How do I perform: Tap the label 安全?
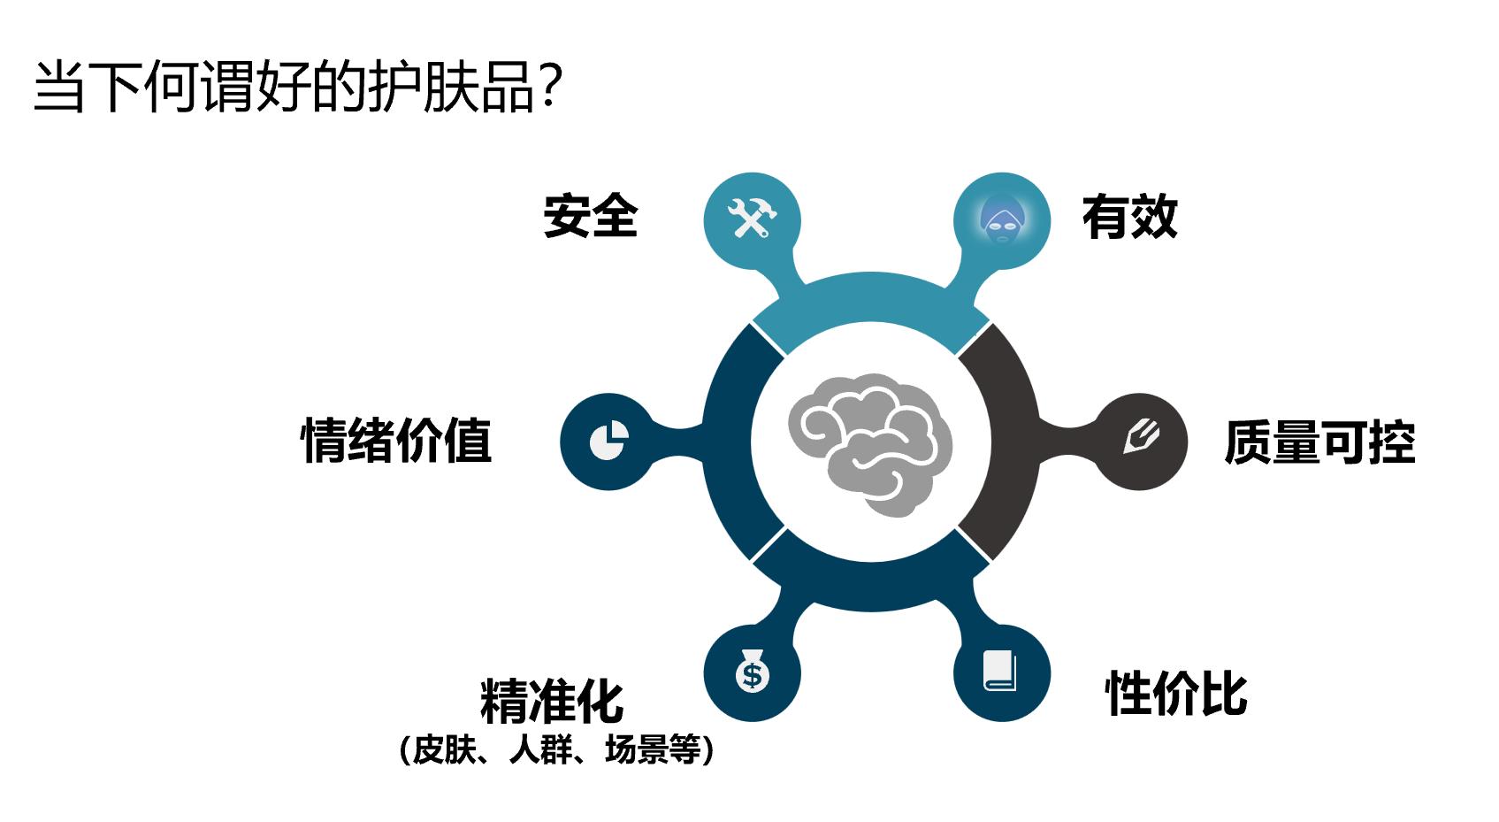(x=590, y=217)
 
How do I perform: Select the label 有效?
(x=1129, y=217)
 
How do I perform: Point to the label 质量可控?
(x=1319, y=442)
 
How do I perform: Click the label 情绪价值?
(x=396, y=440)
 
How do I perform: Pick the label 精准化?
(x=552, y=701)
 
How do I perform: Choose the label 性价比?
(x=1175, y=693)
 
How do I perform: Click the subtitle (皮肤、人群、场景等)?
(x=556, y=750)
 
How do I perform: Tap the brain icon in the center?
(x=870, y=442)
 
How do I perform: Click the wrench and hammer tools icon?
(x=752, y=219)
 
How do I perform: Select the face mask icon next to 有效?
(x=1002, y=219)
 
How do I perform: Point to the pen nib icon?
(x=1141, y=440)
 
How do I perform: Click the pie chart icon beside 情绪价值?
(x=608, y=440)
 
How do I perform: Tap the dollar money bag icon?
(x=752, y=673)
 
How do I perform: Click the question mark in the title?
(x=550, y=88)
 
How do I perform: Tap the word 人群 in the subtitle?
(x=539, y=750)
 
